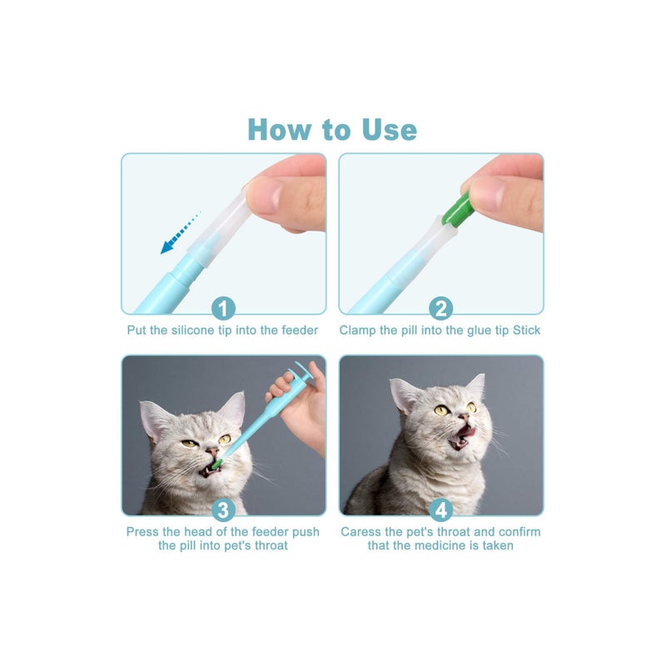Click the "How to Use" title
(x=332, y=130)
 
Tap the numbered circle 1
(x=222, y=309)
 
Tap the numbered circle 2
(x=440, y=309)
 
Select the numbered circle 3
(x=222, y=509)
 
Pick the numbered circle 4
(x=440, y=509)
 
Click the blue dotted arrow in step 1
(x=179, y=234)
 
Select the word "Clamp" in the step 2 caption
(x=358, y=331)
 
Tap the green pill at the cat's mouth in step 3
(x=216, y=461)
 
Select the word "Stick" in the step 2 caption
(x=524, y=331)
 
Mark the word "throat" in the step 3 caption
(x=268, y=546)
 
